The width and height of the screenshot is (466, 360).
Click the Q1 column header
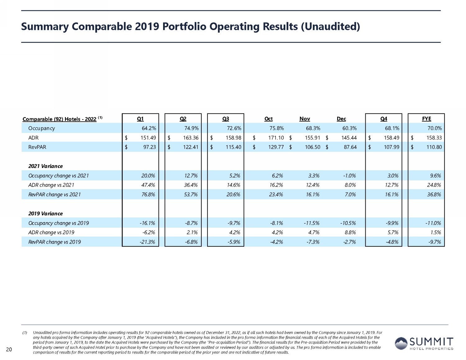(x=140, y=119)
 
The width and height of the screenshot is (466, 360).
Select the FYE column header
(x=426, y=119)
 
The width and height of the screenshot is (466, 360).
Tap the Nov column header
(x=304, y=119)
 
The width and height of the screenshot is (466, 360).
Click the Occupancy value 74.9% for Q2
(x=191, y=128)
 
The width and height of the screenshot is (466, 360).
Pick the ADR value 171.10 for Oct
(x=276, y=138)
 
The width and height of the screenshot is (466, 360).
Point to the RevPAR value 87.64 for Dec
(x=350, y=147)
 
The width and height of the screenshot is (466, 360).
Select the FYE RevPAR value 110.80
(x=434, y=147)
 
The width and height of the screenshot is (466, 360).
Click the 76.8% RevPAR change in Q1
(x=148, y=194)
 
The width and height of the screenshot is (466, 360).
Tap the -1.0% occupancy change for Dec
(x=349, y=175)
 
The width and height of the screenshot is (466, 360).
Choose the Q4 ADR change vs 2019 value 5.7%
(x=393, y=232)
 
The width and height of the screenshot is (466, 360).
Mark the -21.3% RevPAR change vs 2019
(x=147, y=242)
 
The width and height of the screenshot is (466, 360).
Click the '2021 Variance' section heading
(x=45, y=166)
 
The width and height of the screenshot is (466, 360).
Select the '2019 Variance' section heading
(x=45, y=214)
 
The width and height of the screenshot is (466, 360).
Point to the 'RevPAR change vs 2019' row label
(x=54, y=242)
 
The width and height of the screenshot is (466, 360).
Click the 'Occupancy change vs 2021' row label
(x=58, y=175)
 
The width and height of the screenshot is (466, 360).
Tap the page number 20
(x=9, y=349)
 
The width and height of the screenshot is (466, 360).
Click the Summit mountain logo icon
(x=401, y=343)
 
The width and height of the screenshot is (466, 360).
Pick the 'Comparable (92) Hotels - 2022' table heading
(x=59, y=119)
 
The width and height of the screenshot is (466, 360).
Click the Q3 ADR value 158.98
(x=233, y=138)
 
